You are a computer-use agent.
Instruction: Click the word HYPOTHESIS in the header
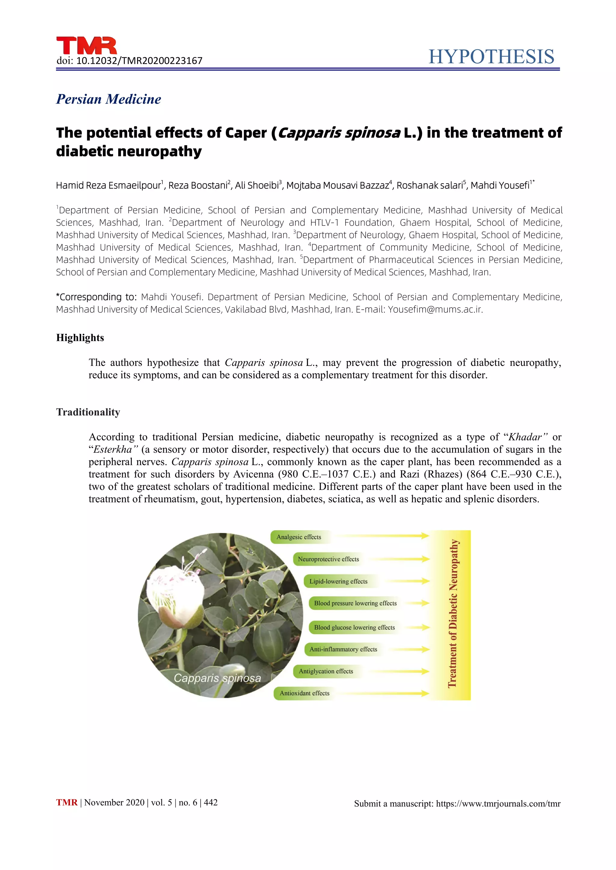click(491, 57)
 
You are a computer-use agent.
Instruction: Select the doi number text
click(139, 61)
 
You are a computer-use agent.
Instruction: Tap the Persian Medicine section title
click(109, 99)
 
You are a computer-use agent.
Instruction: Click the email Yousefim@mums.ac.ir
click(435, 310)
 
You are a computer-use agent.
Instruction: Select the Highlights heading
click(80, 338)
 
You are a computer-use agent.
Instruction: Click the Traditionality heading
click(88, 412)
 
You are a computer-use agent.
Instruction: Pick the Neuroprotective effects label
click(328, 559)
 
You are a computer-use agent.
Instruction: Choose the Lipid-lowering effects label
click(338, 581)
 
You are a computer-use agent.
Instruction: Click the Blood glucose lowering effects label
click(354, 628)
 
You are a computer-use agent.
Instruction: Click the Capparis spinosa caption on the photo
click(217, 678)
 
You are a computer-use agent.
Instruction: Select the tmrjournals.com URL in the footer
click(498, 804)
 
